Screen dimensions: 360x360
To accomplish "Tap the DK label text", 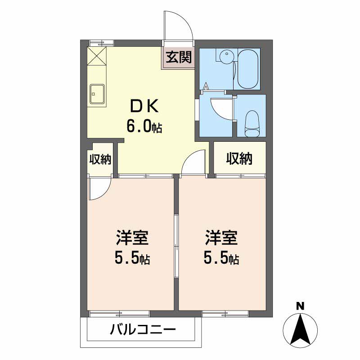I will coord(144,106).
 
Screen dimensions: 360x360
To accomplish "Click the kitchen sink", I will coord(98,94).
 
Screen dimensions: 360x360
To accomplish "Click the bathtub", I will coord(247,69).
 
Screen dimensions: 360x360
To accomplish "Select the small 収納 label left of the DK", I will coord(99,159).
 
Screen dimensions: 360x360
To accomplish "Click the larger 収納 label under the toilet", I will coord(239,158).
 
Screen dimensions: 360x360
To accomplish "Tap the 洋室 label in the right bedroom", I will coord(221,237).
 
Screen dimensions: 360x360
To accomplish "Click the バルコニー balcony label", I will coord(143,330).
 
